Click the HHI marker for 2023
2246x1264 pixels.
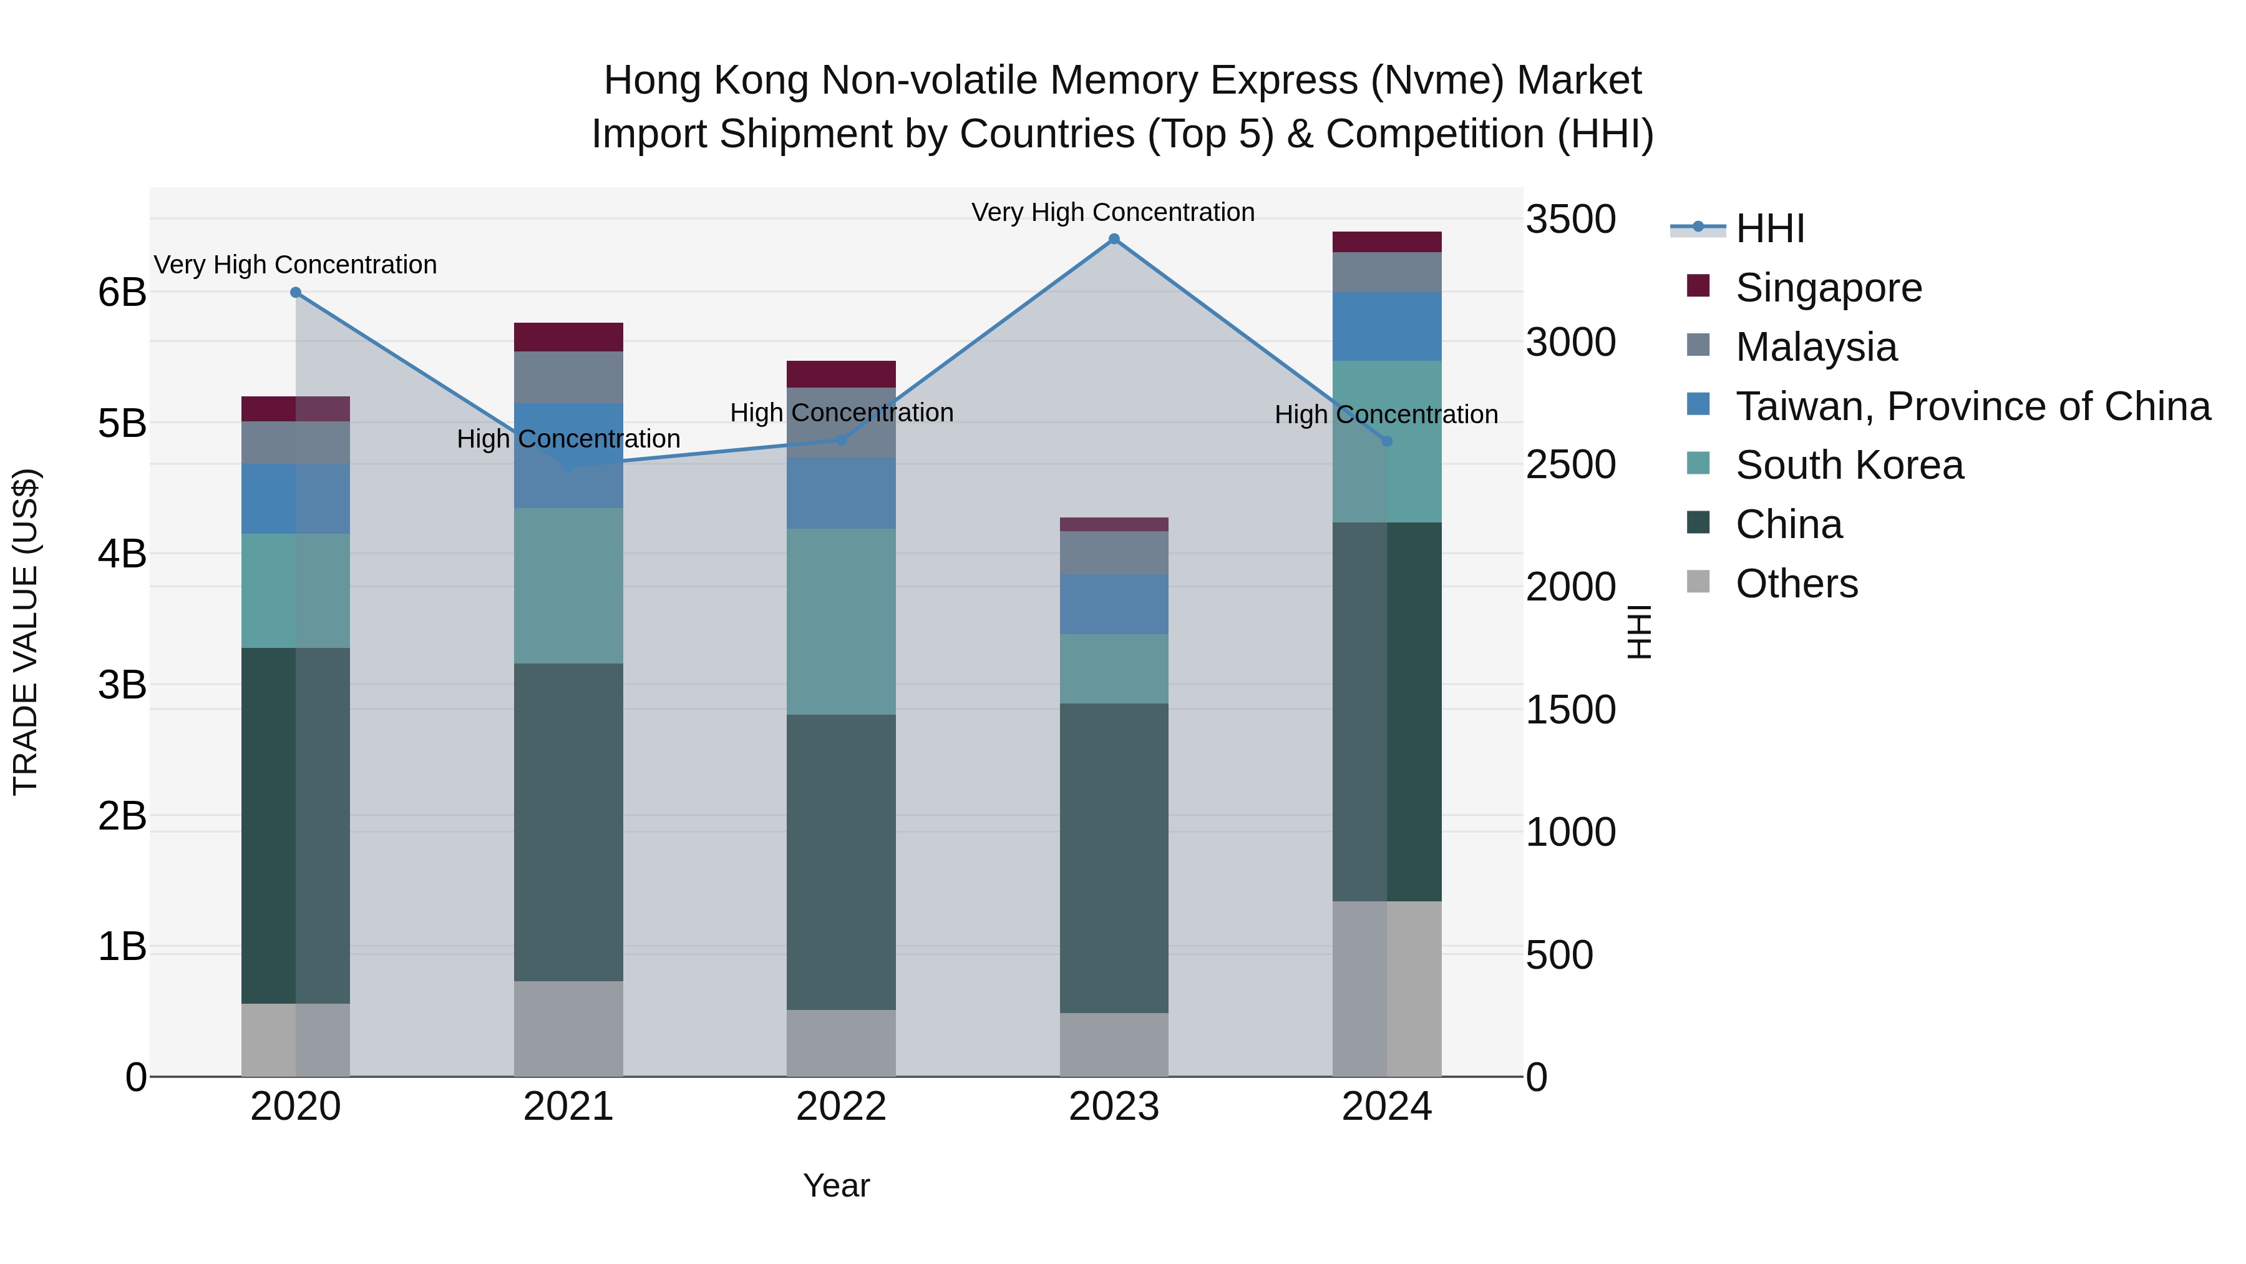[x=1114, y=239]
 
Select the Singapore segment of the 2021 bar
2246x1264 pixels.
[x=568, y=336]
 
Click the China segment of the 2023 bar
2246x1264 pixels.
[x=1114, y=858]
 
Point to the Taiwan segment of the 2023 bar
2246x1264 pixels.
[x=1114, y=604]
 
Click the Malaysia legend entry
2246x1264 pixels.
[x=1816, y=347]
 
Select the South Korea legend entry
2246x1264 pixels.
[x=1849, y=465]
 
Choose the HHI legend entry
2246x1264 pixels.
[x=1769, y=228]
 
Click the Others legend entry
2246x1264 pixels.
[x=1796, y=584]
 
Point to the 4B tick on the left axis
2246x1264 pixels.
[x=122, y=554]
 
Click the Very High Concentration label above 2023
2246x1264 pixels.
[x=1112, y=212]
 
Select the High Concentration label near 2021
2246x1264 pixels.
[x=568, y=439]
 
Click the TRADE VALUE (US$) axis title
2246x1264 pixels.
[x=26, y=632]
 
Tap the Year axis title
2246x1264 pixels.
[x=836, y=1185]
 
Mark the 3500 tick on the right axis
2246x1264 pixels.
[x=1570, y=219]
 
